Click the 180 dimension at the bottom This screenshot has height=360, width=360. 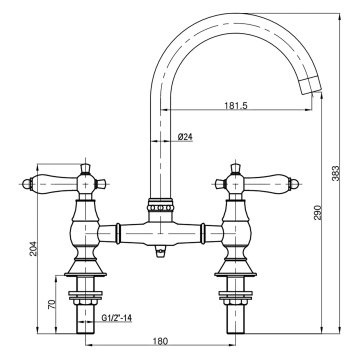point(161,344)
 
